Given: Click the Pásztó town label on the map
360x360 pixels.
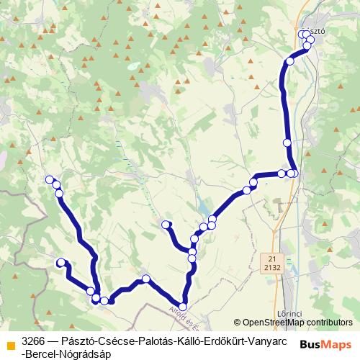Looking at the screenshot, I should [x=315, y=32].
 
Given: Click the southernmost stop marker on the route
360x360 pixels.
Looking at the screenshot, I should [x=182, y=307].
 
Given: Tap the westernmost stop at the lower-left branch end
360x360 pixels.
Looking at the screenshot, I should [x=61, y=263].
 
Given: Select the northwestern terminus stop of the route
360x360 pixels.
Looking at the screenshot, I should [x=50, y=179].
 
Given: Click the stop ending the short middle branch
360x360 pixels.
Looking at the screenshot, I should [x=166, y=225].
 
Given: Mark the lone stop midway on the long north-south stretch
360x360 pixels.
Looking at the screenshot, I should [x=287, y=143].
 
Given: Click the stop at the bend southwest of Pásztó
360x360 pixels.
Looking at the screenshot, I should [x=290, y=61].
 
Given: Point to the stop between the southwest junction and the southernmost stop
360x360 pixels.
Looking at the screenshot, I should [x=145, y=279].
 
